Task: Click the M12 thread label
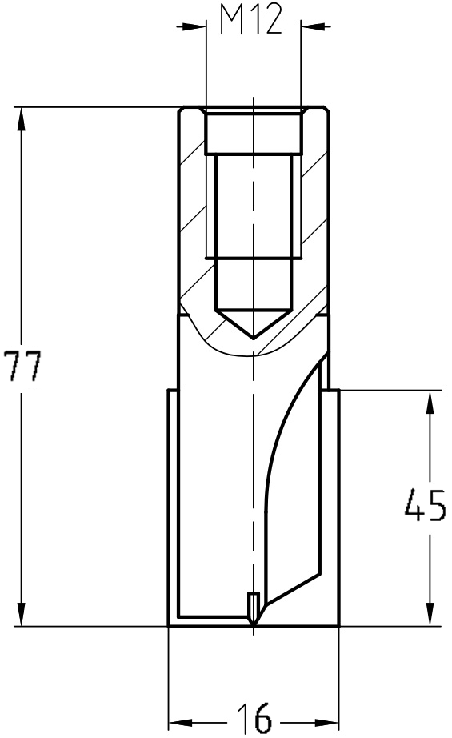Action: pyautogui.click(x=251, y=21)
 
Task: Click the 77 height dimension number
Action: pyautogui.click(x=22, y=366)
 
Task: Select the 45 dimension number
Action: pyautogui.click(x=425, y=505)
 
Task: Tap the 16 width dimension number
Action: pyautogui.click(x=254, y=718)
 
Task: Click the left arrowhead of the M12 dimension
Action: pyautogui.click(x=196, y=26)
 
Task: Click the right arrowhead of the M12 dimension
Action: pyautogui.click(x=311, y=26)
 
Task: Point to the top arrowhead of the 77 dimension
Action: pyautogui.click(x=21, y=118)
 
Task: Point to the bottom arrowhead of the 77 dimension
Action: pyautogui.click(x=21, y=615)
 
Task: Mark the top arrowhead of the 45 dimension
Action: pyautogui.click(x=430, y=402)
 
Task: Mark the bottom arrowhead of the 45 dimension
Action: pyautogui.click(x=430, y=615)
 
